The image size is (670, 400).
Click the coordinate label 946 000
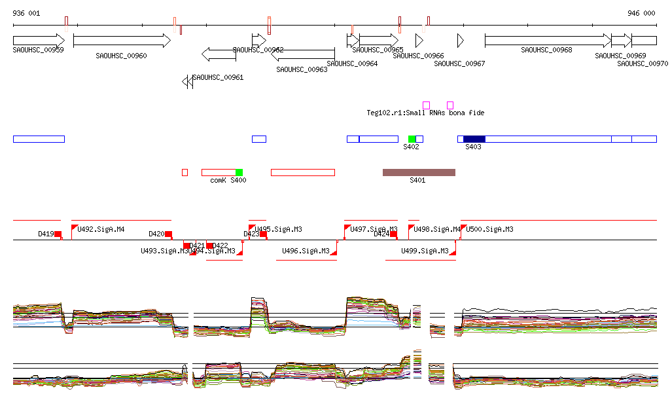(x=641, y=13)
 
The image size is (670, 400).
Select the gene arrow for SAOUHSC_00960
(x=122, y=41)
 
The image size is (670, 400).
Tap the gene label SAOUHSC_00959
(x=38, y=50)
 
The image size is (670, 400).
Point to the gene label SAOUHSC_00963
(x=302, y=69)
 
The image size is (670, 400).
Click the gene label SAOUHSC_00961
(x=218, y=77)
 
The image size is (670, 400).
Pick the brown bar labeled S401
(x=419, y=172)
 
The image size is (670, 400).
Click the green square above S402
(x=412, y=139)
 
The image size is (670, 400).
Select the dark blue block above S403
(x=474, y=139)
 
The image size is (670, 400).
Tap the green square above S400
(x=239, y=172)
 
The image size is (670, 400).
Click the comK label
(x=218, y=180)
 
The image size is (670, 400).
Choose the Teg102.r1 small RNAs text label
(x=425, y=113)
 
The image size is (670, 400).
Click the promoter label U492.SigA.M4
(x=101, y=229)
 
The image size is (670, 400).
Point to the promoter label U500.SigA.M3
(x=489, y=229)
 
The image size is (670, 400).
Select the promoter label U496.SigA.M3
(x=306, y=251)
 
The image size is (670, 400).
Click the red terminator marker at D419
(x=58, y=234)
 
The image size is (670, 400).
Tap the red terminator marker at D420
(x=168, y=234)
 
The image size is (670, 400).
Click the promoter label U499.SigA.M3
(x=425, y=251)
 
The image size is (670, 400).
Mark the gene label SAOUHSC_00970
(x=643, y=64)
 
